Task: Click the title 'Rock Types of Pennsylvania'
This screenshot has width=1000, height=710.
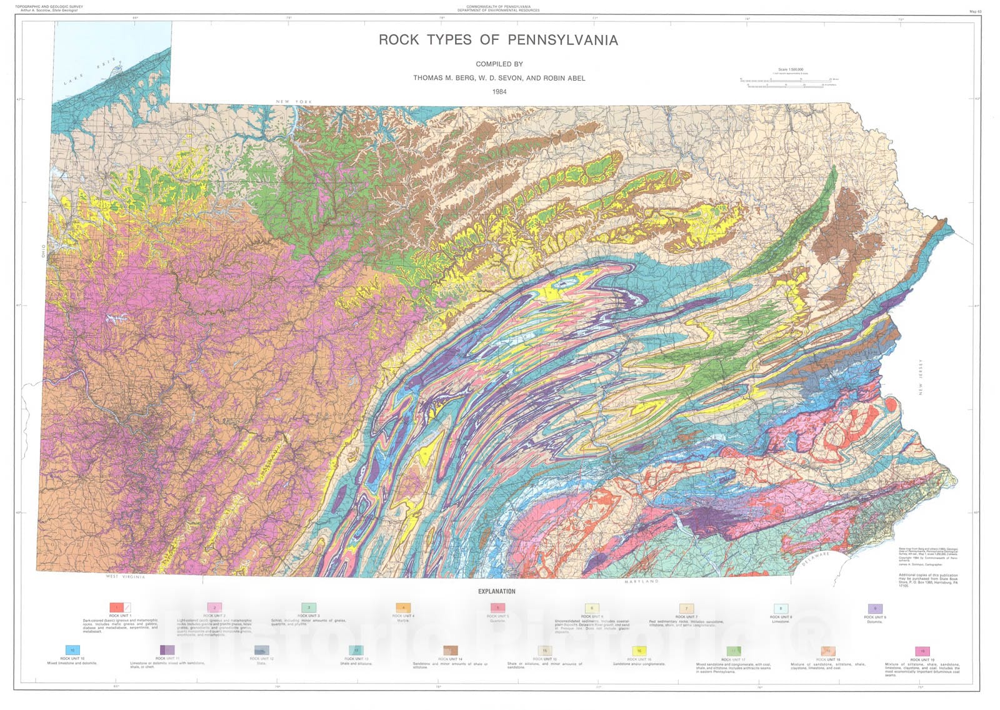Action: [498, 40]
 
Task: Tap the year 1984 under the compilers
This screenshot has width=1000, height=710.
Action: [499, 92]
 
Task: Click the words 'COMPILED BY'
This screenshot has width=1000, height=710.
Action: [499, 64]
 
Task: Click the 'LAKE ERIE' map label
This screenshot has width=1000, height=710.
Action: [86, 74]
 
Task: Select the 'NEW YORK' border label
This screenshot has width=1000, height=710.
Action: [294, 102]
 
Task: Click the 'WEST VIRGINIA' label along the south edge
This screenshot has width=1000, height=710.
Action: [125, 576]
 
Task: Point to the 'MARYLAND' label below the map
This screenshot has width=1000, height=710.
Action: [641, 581]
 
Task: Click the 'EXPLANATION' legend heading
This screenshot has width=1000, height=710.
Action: [497, 591]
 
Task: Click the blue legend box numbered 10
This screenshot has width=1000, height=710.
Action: [72, 650]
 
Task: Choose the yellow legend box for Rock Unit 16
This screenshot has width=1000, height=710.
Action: [639, 651]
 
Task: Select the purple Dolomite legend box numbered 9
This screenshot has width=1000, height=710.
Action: [874, 608]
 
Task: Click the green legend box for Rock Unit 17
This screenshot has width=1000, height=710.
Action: [734, 651]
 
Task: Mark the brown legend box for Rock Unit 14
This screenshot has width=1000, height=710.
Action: [451, 651]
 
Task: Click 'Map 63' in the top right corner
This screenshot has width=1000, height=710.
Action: [976, 11]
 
